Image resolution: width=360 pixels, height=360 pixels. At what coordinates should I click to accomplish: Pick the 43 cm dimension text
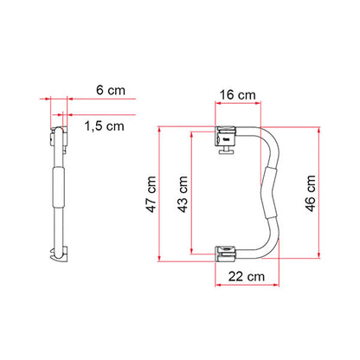182,192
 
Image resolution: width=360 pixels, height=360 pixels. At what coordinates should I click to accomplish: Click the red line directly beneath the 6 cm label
87,100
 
